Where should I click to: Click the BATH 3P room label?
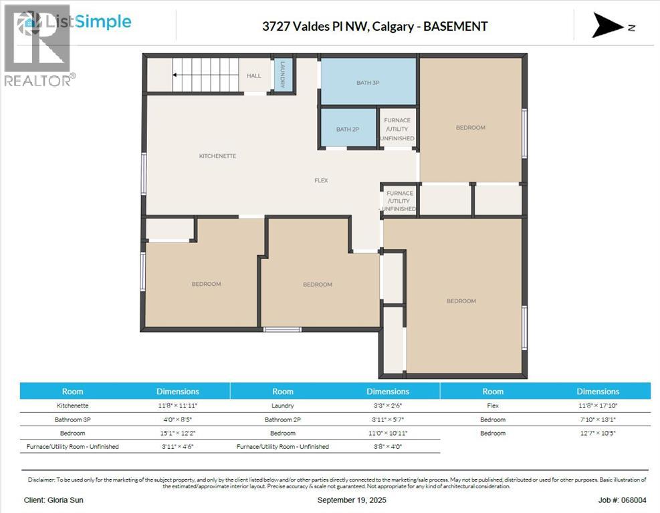(x=368, y=83)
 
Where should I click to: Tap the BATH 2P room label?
(x=348, y=129)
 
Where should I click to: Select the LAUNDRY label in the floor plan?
(x=283, y=74)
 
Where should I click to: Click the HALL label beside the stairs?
(x=254, y=76)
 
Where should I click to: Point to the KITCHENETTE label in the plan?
(x=217, y=156)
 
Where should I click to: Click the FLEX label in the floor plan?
(x=322, y=180)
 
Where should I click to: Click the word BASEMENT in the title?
(x=455, y=27)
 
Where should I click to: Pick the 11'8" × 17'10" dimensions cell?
(x=597, y=405)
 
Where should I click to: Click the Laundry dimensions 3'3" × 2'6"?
(x=387, y=405)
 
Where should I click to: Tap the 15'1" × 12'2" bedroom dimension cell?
(x=177, y=433)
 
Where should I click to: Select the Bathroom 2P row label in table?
(x=283, y=419)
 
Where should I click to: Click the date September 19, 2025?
(x=351, y=500)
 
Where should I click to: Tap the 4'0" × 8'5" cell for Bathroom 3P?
(x=177, y=419)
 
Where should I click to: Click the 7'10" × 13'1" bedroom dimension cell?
(x=597, y=419)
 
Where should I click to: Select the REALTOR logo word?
(x=37, y=80)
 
